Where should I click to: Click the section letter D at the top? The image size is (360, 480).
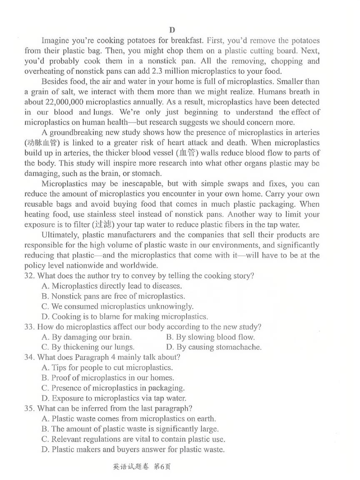pos(172,30)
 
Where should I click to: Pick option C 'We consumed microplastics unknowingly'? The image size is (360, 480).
pos(117,306)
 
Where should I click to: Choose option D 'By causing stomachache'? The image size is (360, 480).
pos(213,347)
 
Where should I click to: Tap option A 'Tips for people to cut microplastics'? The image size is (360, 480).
pos(107,367)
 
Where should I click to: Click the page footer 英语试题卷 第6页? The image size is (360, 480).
pos(142,467)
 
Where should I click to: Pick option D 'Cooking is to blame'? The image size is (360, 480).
pos(125,317)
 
